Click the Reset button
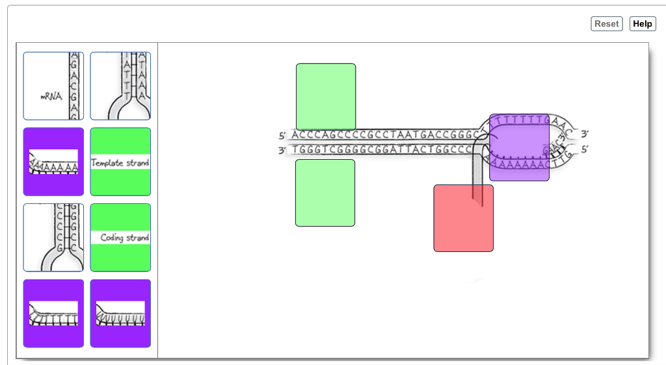click(x=606, y=24)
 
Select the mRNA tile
click(x=53, y=86)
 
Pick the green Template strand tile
click(x=120, y=162)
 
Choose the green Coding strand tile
click(x=120, y=237)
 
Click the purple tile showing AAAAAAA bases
click(x=53, y=162)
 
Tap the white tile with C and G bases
click(x=53, y=237)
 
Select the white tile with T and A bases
click(x=120, y=86)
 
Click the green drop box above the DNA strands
click(x=326, y=96)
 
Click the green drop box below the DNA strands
click(x=325, y=193)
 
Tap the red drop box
click(x=463, y=218)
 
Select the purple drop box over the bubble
click(x=519, y=147)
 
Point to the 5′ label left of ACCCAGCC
click(x=282, y=136)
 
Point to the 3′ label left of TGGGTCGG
click(x=282, y=151)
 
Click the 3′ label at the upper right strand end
click(x=585, y=134)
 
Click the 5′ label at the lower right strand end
click(x=585, y=149)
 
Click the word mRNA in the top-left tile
click(x=51, y=96)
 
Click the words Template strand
click(x=120, y=162)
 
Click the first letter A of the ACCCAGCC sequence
click(x=295, y=135)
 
